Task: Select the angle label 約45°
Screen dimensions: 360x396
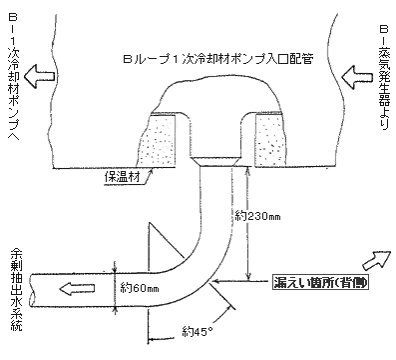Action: (197, 331)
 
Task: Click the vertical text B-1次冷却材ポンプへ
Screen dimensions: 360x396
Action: (13, 75)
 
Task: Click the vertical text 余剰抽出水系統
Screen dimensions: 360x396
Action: (13, 291)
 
